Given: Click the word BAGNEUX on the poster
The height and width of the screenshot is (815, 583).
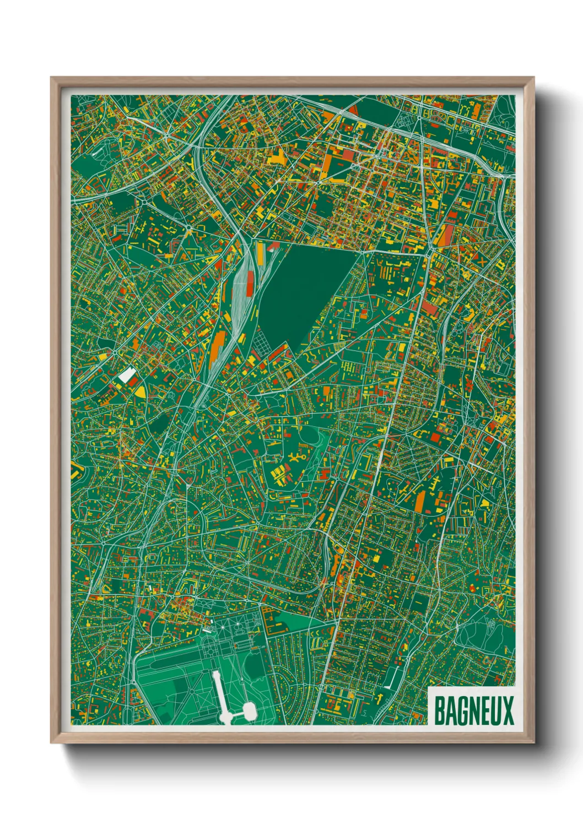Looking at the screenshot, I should tap(473, 710).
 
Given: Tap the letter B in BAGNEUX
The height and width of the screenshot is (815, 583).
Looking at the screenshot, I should tap(440, 710).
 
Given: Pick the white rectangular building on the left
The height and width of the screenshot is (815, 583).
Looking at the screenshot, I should tap(127, 376).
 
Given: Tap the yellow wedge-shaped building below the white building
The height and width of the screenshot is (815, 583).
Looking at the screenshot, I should tap(141, 391).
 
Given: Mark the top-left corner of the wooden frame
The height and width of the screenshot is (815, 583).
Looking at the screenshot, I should tap(51, 78).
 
